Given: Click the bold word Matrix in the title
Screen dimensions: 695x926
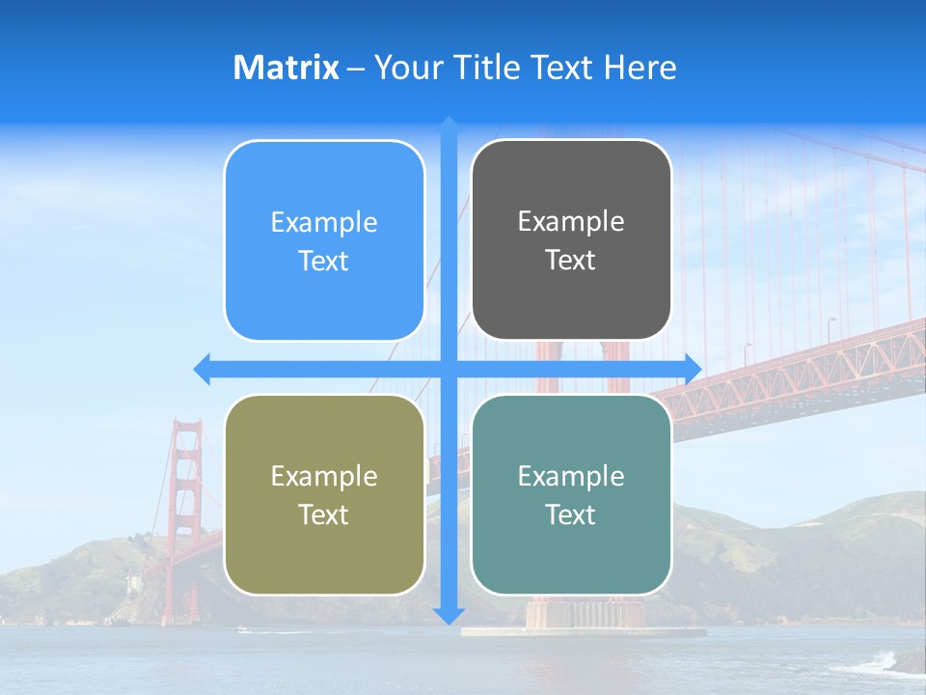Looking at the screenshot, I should (286, 68).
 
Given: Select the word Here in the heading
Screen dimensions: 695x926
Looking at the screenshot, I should (640, 68).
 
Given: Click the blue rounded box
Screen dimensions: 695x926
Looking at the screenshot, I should (324, 241).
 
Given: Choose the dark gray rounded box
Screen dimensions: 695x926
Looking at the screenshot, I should (571, 240).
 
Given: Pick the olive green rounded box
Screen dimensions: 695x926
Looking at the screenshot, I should (324, 495).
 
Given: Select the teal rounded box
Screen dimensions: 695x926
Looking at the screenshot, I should (571, 495).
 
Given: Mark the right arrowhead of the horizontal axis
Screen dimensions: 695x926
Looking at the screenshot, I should (694, 369).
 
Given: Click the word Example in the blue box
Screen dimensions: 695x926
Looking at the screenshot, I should (324, 223).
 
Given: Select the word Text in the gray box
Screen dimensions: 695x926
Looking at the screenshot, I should (571, 261).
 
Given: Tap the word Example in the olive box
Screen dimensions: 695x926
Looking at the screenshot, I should (324, 477).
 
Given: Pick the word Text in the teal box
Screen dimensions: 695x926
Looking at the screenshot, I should (571, 515).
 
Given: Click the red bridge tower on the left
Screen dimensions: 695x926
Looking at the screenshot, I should (185, 512).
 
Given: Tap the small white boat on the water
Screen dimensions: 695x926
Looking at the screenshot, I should (241, 629).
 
